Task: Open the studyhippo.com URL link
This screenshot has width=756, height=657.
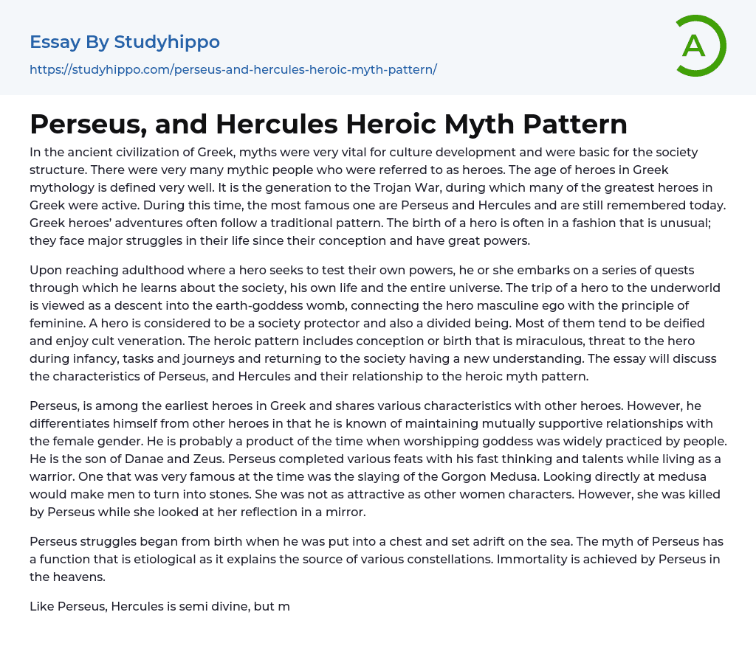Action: coord(233,69)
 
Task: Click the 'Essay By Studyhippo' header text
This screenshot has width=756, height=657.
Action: coord(125,42)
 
